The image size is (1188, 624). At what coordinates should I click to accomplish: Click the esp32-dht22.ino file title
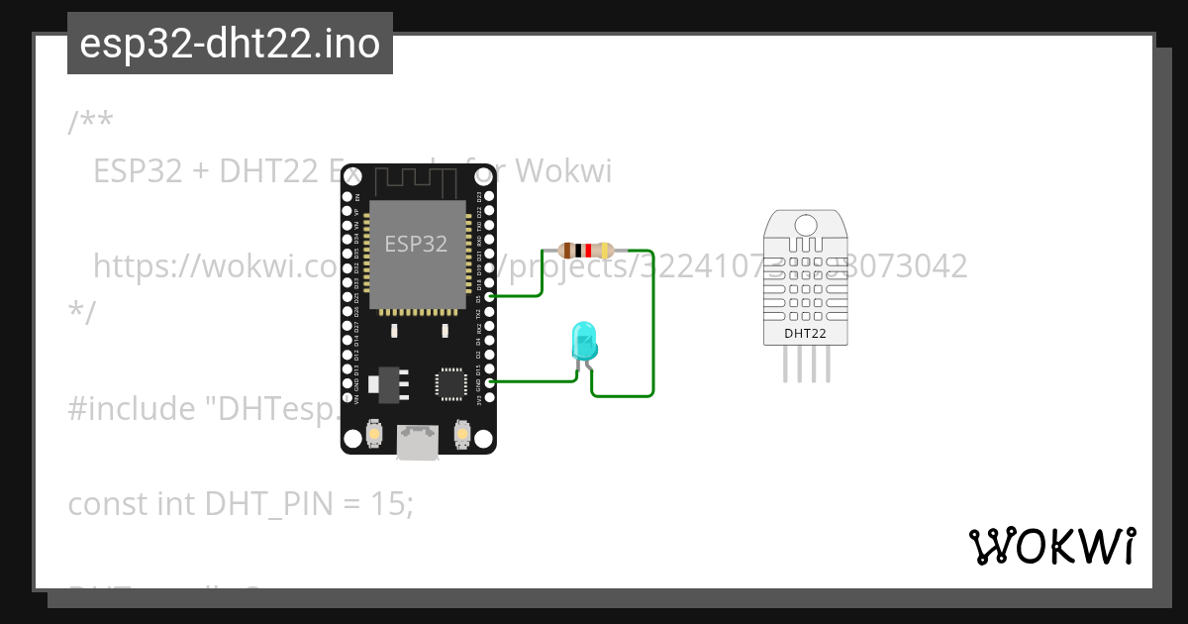pos(230,44)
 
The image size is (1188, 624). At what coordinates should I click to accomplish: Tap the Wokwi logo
pos(1051,546)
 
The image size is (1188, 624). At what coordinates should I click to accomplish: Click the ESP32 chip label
pos(416,244)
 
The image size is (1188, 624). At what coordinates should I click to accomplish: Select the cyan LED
pos(583,341)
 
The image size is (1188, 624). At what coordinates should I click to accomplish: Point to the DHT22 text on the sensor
pos(805,333)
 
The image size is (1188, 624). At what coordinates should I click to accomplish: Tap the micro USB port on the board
pos(418,442)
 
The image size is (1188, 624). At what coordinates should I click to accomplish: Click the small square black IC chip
pos(451,383)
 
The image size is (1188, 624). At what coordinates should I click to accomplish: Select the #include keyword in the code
pos(131,409)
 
